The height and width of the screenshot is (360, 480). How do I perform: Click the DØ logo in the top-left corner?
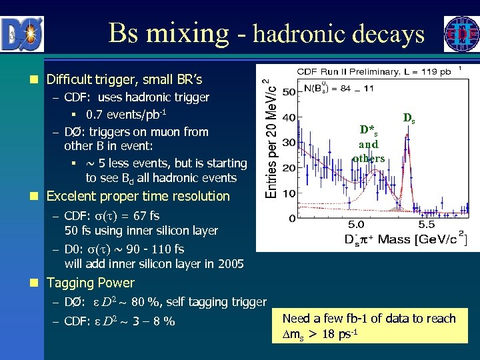pos(22,34)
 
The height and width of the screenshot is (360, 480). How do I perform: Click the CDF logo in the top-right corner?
pos(461,34)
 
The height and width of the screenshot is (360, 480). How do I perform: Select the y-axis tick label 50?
pos(290,91)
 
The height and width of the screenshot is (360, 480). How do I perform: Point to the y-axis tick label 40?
pos(290,118)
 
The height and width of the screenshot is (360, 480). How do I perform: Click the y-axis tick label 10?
pos(290,193)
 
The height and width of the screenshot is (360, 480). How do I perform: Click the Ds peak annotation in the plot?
pos(409,119)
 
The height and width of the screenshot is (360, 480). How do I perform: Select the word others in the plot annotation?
pos(369,158)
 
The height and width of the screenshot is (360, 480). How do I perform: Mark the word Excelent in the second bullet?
pos(71,196)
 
